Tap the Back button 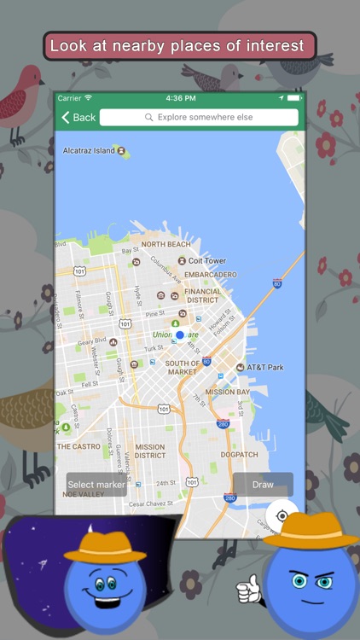pyautogui.click(x=78, y=117)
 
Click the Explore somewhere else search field pyautogui.click(x=199, y=117)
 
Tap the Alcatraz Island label pyautogui.click(x=89, y=151)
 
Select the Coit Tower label pyautogui.click(x=207, y=261)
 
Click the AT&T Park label pyautogui.click(x=264, y=367)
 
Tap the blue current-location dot pyautogui.click(x=180, y=335)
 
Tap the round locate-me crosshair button pyautogui.click(x=282, y=515)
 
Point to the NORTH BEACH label pyautogui.click(x=165, y=244)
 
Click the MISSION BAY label pyautogui.click(x=227, y=392)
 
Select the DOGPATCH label pyautogui.click(x=239, y=454)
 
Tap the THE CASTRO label pyautogui.click(x=78, y=446)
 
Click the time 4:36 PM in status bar pyautogui.click(x=180, y=98)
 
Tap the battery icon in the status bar pyautogui.click(x=293, y=98)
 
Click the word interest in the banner pyautogui.click(x=273, y=45)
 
